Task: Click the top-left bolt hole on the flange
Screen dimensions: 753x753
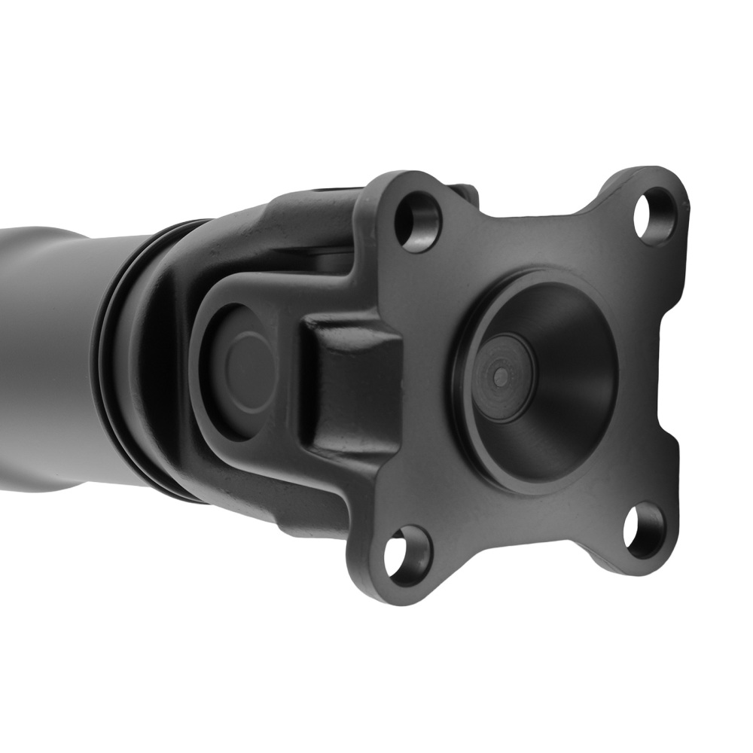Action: click(416, 221)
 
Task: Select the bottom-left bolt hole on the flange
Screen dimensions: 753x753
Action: click(407, 554)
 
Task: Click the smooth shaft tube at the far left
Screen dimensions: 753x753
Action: click(45, 354)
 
